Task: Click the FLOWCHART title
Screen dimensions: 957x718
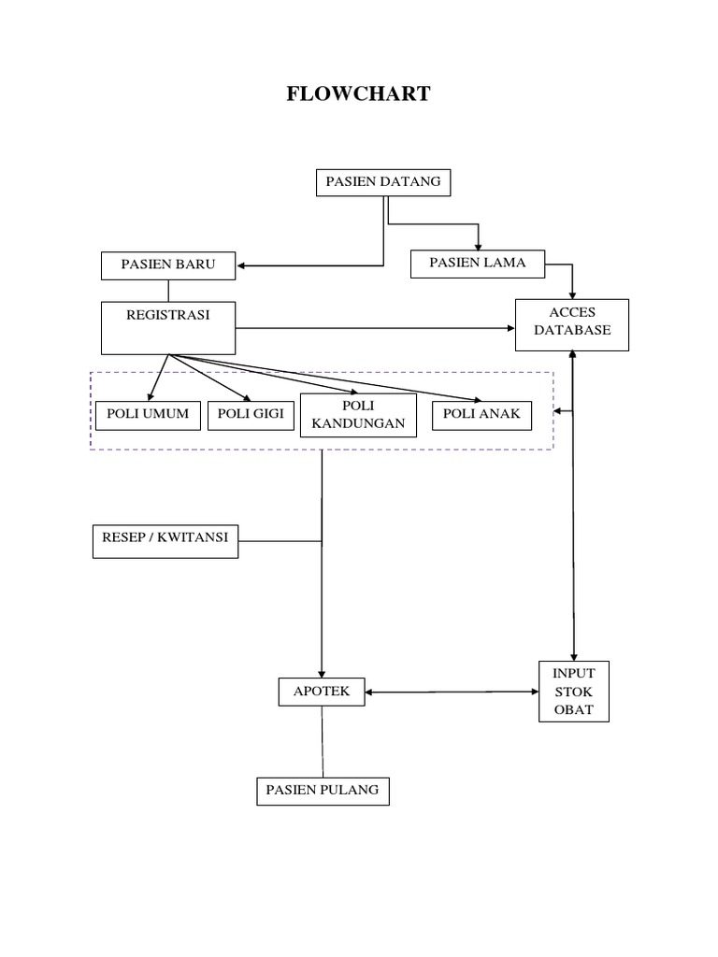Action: coord(359,94)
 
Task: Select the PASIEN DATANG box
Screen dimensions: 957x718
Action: coord(383,182)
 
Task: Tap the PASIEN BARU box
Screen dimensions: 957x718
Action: coord(168,265)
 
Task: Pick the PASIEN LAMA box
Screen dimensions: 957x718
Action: coord(478,264)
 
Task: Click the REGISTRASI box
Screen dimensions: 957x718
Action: coord(168,328)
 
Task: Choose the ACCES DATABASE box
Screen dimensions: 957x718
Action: coord(572,324)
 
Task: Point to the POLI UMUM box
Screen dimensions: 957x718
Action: coord(148,415)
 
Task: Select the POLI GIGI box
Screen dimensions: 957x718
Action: coord(251,415)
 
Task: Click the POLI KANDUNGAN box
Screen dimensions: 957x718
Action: coord(358,415)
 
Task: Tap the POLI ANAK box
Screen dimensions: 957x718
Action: coord(482,415)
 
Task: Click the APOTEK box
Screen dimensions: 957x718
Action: coord(322,692)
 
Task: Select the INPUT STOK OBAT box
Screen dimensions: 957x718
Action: coord(574,692)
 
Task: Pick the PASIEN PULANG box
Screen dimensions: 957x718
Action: coord(323,791)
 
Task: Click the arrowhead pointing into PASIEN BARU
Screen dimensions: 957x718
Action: coord(242,266)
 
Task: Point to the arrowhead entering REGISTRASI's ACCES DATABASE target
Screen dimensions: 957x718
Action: coord(510,328)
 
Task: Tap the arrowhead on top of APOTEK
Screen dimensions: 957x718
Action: coord(322,673)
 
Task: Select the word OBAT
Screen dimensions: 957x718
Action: coord(574,710)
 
